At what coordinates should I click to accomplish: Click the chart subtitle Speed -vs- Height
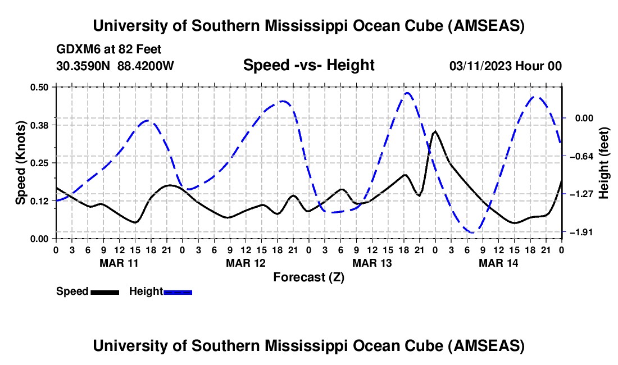308,66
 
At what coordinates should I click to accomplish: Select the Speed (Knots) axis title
20,163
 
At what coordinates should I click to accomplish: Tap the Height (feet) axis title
604,162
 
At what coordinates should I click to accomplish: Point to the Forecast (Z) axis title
308,277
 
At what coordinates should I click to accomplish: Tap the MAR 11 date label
119,263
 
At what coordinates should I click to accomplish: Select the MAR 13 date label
372,263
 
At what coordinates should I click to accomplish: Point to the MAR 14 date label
498,263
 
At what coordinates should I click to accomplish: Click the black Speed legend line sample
104,291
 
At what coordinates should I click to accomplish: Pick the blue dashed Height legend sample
178,291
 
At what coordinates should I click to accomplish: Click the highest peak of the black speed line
435,131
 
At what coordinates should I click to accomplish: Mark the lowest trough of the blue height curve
472,232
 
